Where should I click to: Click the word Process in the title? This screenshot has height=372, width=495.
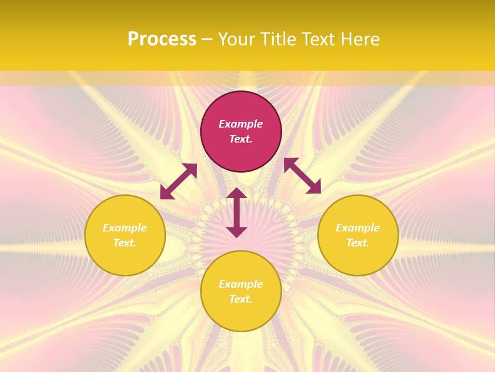(162, 39)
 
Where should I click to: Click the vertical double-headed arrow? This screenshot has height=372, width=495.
(237, 212)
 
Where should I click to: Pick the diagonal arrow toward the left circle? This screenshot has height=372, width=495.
(178, 181)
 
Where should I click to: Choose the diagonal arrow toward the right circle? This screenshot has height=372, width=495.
(302, 176)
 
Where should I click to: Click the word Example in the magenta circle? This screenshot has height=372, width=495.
(241, 124)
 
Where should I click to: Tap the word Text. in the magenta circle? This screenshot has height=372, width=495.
(241, 139)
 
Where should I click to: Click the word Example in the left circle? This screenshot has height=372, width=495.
(125, 228)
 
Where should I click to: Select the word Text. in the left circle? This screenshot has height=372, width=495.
(125, 243)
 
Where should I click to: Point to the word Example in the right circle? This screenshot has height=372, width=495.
(358, 228)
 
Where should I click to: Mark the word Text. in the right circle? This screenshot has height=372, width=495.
(358, 243)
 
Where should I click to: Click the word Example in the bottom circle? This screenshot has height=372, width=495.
(241, 284)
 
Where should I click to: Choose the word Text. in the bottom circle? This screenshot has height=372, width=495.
(241, 299)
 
